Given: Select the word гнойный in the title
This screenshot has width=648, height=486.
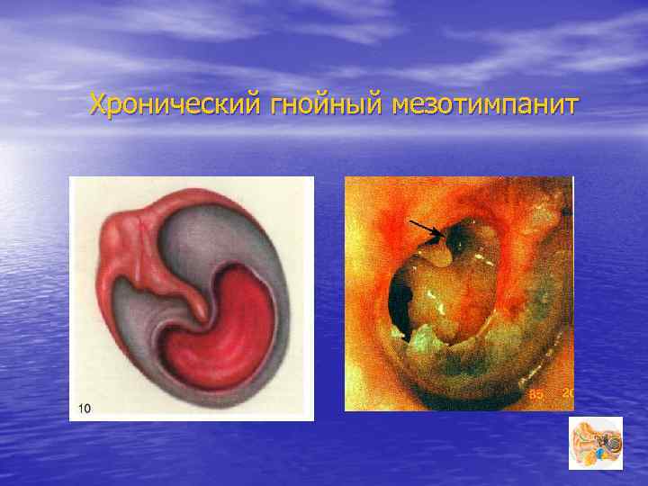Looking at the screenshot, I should click(x=326, y=105).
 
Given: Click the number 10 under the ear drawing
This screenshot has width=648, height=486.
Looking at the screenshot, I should click(x=84, y=409).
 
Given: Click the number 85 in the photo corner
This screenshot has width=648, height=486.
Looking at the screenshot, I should click(x=535, y=393).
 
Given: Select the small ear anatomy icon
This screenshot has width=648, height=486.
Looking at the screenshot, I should click(x=595, y=443).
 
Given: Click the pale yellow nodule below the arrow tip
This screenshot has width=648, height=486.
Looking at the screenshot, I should click(x=436, y=254).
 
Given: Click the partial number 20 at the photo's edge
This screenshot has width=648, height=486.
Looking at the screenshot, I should click(x=568, y=392).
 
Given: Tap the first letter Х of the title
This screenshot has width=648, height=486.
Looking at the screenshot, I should click(x=98, y=105).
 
